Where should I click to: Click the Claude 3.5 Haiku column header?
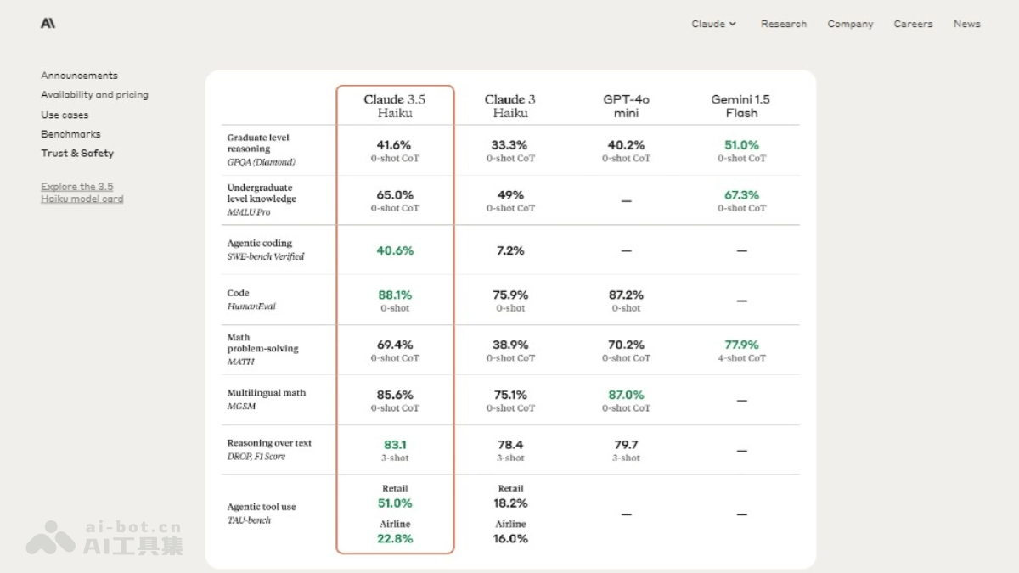pos(395,105)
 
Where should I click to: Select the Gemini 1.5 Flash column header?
pos(740,105)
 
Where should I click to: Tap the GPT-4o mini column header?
pos(626,105)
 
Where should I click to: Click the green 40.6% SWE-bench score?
pos(395,250)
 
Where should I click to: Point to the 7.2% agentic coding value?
pos(509,250)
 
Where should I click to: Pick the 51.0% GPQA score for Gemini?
pos(741,145)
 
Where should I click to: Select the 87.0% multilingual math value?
pos(626,395)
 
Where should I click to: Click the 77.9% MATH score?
pos(741,345)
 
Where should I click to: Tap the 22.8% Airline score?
pos(395,538)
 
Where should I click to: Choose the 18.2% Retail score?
pos(510,503)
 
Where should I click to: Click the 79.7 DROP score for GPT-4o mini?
pos(626,445)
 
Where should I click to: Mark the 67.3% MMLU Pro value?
pos(741,195)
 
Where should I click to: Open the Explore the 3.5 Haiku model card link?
pos(82,193)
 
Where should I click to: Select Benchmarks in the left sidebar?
pos(70,134)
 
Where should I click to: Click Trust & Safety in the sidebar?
pos(77,154)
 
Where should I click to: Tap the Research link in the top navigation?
pos(784,24)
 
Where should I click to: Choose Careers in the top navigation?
pos(913,24)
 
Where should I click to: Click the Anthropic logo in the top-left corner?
pos(48,24)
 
